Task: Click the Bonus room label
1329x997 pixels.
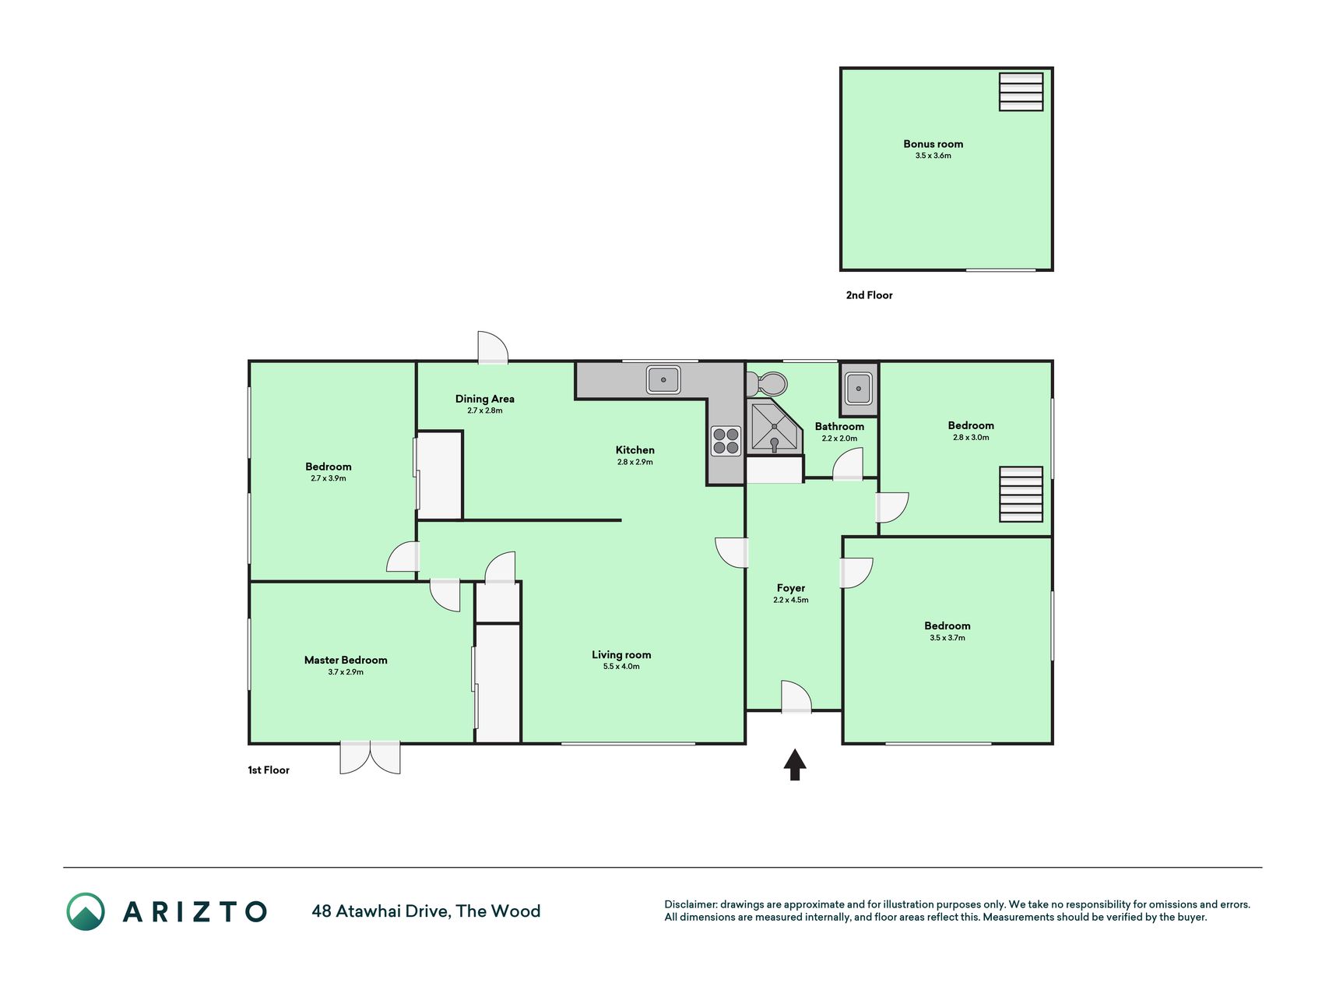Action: (x=933, y=144)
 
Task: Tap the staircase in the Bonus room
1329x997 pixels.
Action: (x=1021, y=92)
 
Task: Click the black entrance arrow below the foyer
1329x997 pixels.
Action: (x=794, y=764)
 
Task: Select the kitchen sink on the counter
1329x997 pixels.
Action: (x=663, y=380)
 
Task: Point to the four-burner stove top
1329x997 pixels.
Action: (x=726, y=441)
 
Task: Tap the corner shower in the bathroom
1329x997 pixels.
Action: (x=774, y=428)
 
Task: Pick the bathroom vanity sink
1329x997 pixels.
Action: (x=858, y=388)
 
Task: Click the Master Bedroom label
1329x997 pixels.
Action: (x=346, y=660)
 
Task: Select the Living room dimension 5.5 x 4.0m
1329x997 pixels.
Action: (x=621, y=667)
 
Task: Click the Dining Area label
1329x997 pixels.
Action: (x=484, y=399)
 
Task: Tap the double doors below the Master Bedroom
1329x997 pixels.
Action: (x=370, y=757)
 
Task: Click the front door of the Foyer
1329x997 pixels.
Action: (x=796, y=697)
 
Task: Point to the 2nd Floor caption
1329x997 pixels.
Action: (x=869, y=295)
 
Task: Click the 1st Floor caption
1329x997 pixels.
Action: (x=269, y=770)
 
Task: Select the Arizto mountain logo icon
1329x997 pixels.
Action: (x=86, y=911)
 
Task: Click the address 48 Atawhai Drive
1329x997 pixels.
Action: (x=379, y=911)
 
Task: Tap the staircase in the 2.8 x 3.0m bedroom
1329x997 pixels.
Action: (x=1021, y=494)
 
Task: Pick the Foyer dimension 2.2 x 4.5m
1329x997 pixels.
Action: (x=791, y=601)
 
